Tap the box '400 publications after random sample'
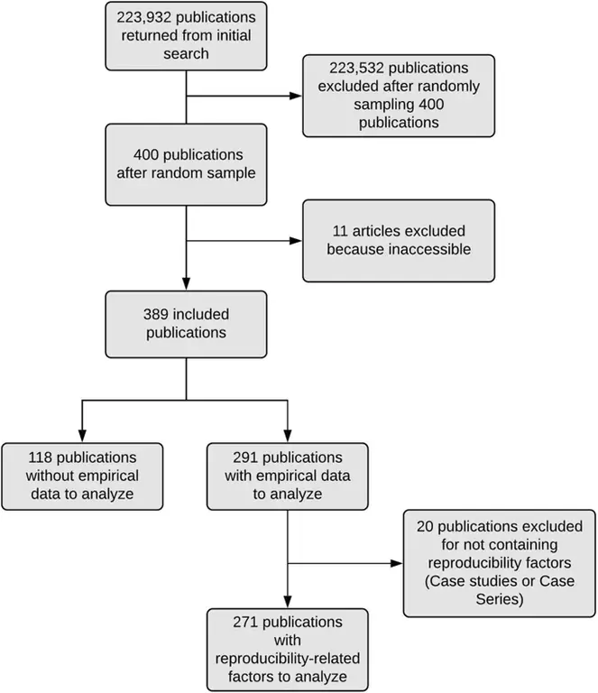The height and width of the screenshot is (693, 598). (187, 163)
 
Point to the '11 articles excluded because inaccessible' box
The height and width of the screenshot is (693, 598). (399, 239)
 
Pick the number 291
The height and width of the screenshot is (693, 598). (246, 457)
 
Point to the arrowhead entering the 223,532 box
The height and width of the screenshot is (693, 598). (298, 96)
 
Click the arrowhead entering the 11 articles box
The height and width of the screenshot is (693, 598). (298, 240)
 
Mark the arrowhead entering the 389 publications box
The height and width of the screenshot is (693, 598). (186, 285)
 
